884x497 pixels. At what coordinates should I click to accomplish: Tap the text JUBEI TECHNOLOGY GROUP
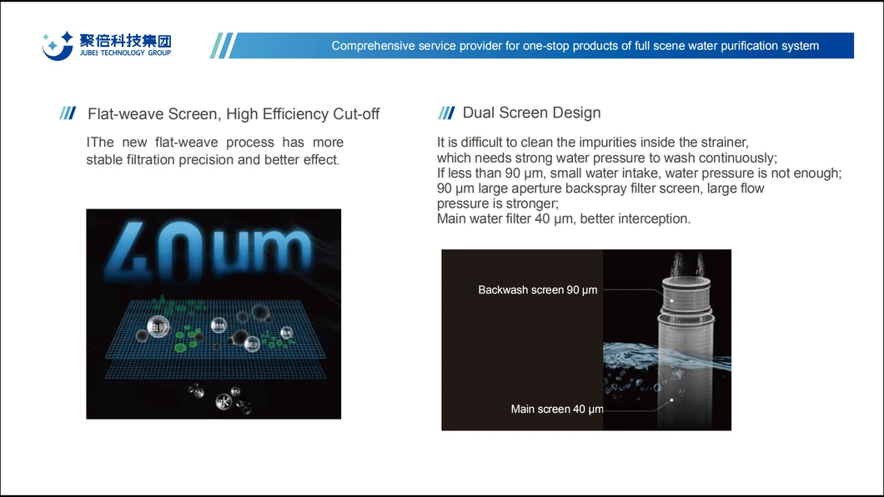(x=125, y=53)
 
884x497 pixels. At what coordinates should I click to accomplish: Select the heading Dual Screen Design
(x=531, y=113)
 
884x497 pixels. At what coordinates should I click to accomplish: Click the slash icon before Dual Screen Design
(x=446, y=113)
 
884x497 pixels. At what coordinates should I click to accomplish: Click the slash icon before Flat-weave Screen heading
(x=68, y=114)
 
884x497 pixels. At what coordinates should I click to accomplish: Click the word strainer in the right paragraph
(x=722, y=143)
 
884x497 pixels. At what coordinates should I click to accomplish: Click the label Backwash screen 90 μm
(x=537, y=290)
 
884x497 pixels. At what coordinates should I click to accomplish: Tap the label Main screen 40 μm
(x=556, y=409)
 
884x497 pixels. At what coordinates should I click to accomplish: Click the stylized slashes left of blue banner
(x=222, y=46)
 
